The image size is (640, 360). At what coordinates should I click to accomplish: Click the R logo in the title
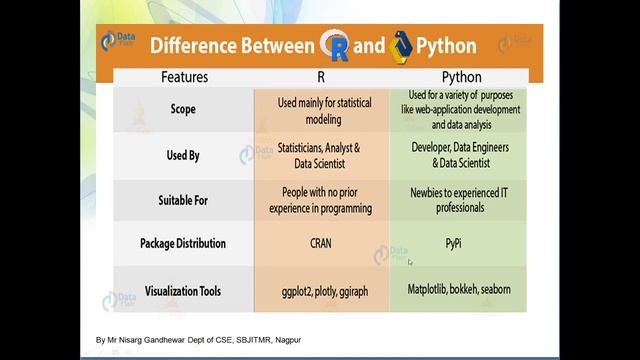pyautogui.click(x=334, y=45)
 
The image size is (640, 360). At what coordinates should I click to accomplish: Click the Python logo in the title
pyautogui.click(x=402, y=45)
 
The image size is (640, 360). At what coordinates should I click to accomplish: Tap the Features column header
pyautogui.click(x=184, y=77)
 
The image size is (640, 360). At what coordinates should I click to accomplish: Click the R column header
pyautogui.click(x=321, y=77)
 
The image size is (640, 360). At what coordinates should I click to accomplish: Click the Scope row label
pyautogui.click(x=183, y=109)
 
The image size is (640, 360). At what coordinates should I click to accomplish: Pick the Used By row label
pyautogui.click(x=183, y=155)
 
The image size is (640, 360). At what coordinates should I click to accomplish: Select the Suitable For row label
pyautogui.click(x=183, y=200)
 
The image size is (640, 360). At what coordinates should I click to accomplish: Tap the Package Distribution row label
pyautogui.click(x=183, y=243)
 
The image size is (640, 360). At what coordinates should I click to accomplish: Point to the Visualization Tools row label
pyautogui.click(x=183, y=291)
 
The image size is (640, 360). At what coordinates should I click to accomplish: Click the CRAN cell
pyautogui.click(x=320, y=243)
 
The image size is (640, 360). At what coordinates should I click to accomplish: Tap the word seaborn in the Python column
pyautogui.click(x=495, y=290)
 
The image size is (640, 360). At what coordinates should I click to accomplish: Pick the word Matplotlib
pyautogui.click(x=426, y=290)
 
